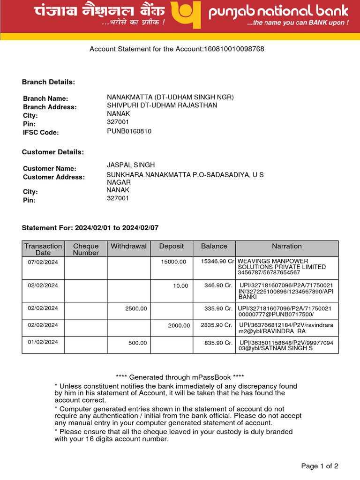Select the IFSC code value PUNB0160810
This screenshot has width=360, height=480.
[129, 131]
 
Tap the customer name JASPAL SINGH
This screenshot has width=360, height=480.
[131, 165]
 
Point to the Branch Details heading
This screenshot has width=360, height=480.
[48, 82]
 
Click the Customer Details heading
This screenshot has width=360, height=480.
[53, 152]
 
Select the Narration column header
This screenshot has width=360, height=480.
[287, 246]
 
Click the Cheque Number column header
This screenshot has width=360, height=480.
[86, 249]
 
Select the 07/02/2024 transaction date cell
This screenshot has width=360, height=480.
[43, 262]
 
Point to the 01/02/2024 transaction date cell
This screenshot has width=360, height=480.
[43, 342]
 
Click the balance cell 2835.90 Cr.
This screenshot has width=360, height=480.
[215, 325]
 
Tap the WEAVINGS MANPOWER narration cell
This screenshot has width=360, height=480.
[282, 266]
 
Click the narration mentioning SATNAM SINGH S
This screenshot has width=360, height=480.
[286, 345]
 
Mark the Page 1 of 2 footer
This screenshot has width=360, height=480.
[319, 466]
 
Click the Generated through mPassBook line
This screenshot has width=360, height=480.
[180, 377]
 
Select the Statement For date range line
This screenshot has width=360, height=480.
[90, 228]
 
